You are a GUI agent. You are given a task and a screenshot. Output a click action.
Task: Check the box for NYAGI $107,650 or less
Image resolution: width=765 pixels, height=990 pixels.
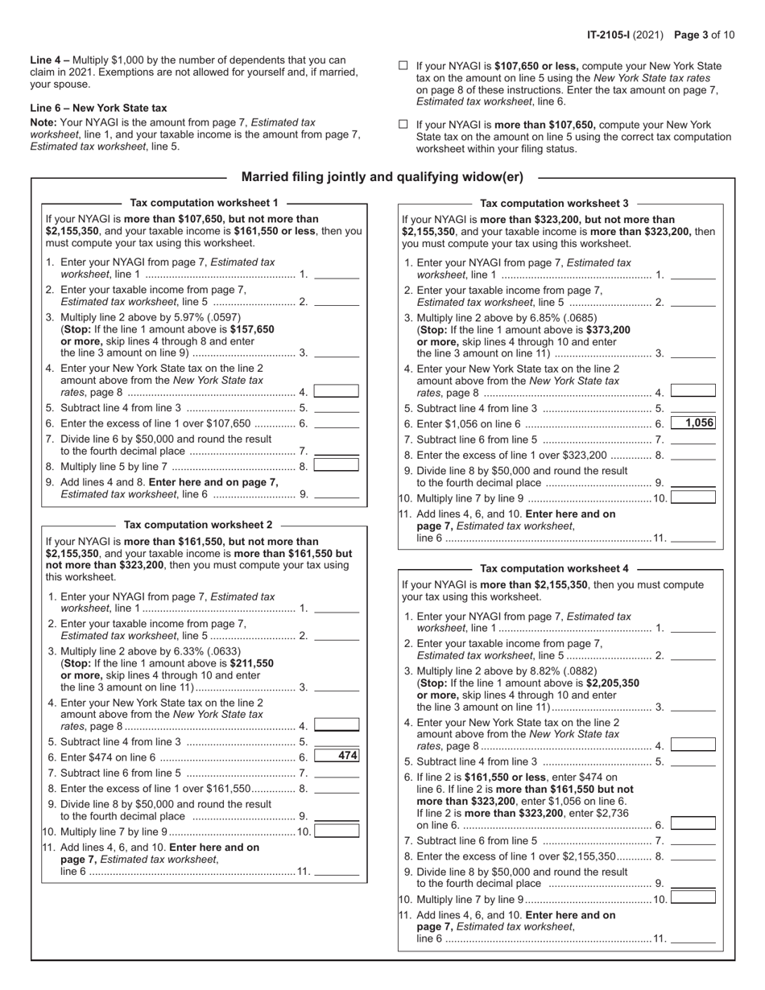pos(403,66)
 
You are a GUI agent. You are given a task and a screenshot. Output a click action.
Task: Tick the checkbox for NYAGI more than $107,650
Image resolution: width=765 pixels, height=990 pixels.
pos(403,125)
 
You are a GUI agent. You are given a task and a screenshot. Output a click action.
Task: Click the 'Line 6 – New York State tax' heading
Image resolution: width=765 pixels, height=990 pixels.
pos(98,108)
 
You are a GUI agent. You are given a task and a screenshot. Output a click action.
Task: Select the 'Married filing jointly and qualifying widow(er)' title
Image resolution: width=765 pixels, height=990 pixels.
pos(382,177)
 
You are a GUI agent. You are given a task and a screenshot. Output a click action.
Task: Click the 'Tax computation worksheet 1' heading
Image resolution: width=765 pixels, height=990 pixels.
pos(204,203)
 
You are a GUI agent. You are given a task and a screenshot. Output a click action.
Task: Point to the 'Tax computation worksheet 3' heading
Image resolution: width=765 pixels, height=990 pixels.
pos(554,204)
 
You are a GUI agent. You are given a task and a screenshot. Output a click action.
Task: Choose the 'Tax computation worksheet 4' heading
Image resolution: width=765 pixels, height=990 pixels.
pos(554,568)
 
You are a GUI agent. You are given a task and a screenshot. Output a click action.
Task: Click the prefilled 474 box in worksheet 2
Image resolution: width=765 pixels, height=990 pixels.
pos(337,756)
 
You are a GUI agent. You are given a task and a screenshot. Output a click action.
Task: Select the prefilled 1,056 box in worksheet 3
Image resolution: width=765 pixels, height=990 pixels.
pos(693,423)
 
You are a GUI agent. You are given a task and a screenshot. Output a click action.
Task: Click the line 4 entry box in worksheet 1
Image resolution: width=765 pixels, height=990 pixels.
pos(337,391)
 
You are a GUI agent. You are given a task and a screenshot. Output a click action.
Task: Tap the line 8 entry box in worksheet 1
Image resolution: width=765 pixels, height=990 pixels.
pos(337,464)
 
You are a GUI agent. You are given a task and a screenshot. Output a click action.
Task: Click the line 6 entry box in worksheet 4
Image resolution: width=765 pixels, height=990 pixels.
pos(693,823)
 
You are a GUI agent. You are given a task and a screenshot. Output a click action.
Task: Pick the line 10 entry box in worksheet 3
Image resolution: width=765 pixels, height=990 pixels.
pos(693,497)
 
